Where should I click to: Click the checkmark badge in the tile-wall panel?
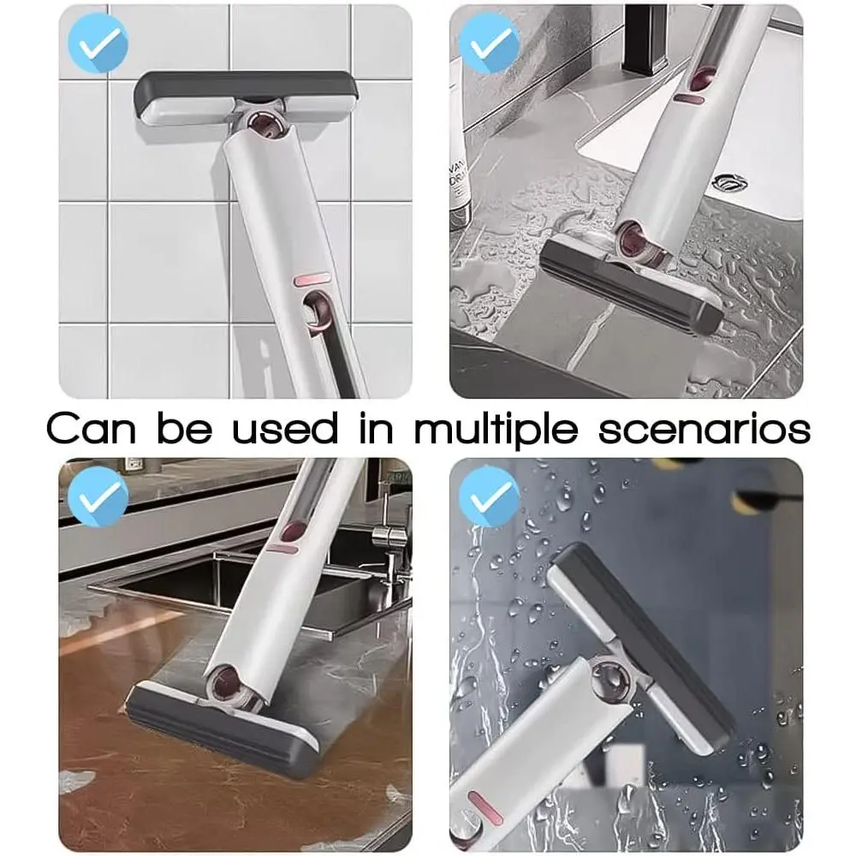click(x=98, y=43)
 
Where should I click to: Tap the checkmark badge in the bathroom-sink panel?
click(x=489, y=43)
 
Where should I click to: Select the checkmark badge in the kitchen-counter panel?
click(x=98, y=496)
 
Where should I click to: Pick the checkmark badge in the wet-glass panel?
click(x=489, y=496)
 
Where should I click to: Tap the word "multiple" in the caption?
click(x=496, y=431)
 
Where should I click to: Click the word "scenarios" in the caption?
click(x=704, y=429)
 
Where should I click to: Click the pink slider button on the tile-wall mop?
click(x=312, y=280)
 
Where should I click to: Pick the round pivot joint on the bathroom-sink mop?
click(x=637, y=241)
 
